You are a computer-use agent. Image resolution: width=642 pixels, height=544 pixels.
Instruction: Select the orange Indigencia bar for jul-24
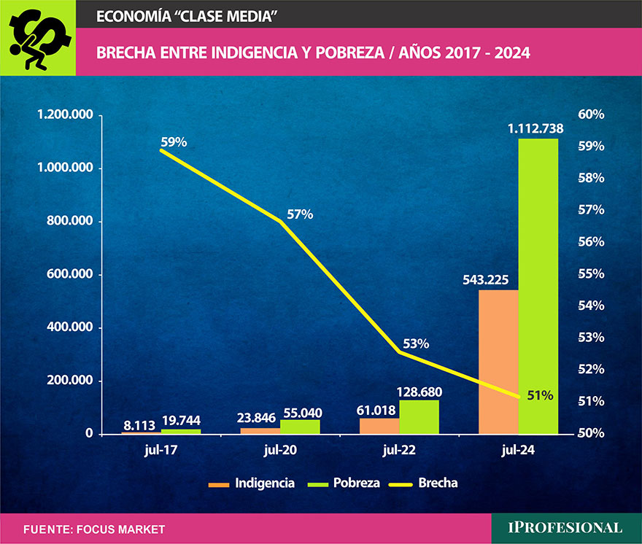click(498, 362)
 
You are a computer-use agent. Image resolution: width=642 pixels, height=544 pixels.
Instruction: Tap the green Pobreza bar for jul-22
click(419, 417)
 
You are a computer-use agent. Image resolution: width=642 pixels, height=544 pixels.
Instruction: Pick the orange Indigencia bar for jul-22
click(379, 426)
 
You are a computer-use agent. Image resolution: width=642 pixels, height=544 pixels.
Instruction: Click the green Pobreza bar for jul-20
click(300, 427)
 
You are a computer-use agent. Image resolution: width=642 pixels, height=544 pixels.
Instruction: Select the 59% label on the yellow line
click(174, 142)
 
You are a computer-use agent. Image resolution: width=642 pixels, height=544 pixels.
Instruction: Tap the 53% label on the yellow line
click(415, 343)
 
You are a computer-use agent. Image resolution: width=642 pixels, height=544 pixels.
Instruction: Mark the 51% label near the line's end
click(540, 395)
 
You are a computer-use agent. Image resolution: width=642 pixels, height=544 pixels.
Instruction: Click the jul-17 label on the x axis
click(161, 451)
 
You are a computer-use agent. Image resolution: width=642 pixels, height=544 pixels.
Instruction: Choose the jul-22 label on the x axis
click(398, 451)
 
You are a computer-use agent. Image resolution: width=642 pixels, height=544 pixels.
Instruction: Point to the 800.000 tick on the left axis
click(68, 222)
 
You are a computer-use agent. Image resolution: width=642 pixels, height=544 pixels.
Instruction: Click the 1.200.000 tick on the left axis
click(63, 115)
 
